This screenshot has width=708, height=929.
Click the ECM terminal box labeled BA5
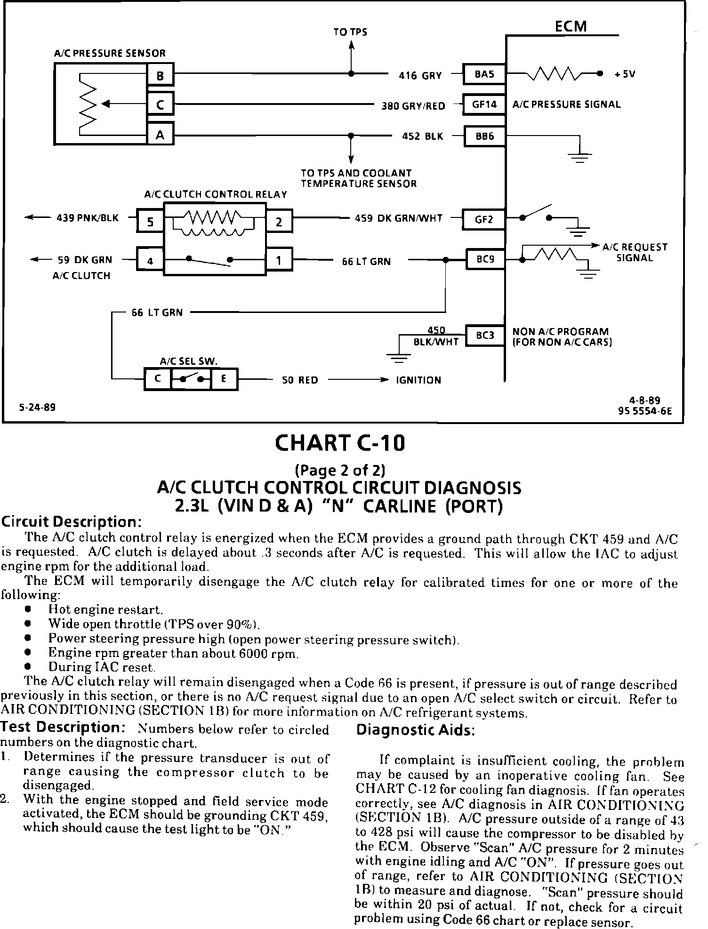coord(484,74)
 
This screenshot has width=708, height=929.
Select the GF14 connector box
coord(484,104)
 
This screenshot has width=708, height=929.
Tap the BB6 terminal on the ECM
coord(484,136)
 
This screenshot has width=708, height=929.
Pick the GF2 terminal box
coord(484,219)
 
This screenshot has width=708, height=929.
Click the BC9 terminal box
coord(485,259)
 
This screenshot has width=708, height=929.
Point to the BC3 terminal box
coord(485,335)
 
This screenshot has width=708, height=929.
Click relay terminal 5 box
coord(150,221)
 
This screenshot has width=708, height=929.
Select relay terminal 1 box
coord(279,260)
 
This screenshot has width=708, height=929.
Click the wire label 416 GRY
coord(420,75)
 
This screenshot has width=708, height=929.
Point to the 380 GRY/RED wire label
coord(413,106)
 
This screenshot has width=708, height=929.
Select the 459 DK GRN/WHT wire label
coord(398,218)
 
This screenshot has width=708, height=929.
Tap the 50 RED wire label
coord(300,380)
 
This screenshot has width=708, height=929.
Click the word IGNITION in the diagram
coord(418,380)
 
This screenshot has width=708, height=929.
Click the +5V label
coord(625,74)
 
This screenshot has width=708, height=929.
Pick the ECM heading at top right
coord(571,26)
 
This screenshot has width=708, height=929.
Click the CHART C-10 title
coord(339,443)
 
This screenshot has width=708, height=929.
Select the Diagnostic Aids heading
coord(416,730)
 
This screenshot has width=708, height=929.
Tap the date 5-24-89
coord(37,407)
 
